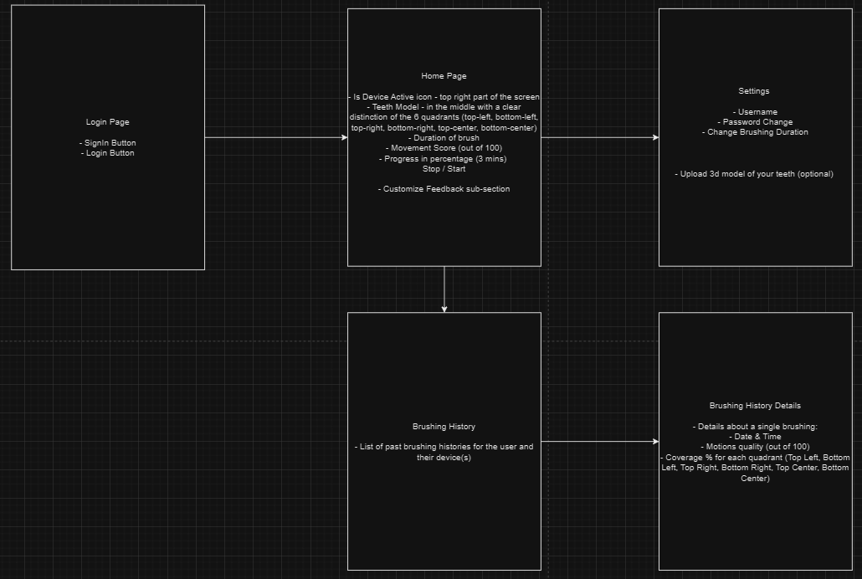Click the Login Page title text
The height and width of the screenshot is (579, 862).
[107, 122]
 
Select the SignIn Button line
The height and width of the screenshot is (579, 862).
[107, 143]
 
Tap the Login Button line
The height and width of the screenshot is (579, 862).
[107, 153]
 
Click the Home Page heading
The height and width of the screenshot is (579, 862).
[444, 76]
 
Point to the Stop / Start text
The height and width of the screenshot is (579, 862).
[444, 169]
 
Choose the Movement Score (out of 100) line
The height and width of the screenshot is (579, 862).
[444, 148]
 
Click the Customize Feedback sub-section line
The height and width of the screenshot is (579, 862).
[444, 189]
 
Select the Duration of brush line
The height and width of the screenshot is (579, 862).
[444, 138]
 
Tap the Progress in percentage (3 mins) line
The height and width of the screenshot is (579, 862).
[444, 158]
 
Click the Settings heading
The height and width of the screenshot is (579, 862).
[754, 91]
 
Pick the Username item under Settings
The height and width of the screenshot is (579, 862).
[754, 112]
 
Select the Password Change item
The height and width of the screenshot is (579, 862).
[754, 122]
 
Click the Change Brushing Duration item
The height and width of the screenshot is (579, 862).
[754, 132]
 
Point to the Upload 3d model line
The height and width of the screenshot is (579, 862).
[754, 174]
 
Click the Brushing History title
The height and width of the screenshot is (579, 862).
[444, 426]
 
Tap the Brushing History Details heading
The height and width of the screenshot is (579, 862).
[755, 406]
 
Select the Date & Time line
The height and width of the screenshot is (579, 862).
[755, 437]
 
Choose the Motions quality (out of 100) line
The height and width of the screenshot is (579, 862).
[755, 447]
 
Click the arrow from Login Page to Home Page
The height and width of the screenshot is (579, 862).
[276, 137]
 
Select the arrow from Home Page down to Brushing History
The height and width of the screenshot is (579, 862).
[444, 289]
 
